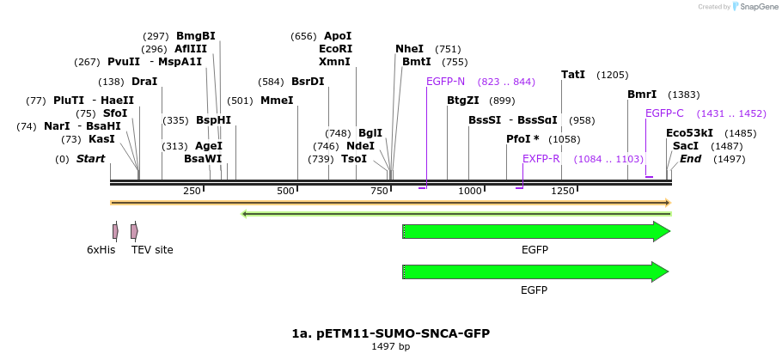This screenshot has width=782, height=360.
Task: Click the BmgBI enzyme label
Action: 195,36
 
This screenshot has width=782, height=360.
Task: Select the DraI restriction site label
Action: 144,82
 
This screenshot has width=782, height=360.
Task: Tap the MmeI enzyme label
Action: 277,101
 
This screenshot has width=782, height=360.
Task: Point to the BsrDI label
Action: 308,82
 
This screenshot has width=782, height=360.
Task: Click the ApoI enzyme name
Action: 338,36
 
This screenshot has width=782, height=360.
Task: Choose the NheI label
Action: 409,49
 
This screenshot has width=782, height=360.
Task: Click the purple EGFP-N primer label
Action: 445,82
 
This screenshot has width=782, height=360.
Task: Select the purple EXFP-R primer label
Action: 541,159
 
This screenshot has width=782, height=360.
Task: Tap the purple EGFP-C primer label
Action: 664,113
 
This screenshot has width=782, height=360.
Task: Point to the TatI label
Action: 573,75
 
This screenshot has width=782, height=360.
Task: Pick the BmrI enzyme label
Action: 642,95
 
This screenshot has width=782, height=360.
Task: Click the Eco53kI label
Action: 689,133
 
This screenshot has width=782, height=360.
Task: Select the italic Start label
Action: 90,159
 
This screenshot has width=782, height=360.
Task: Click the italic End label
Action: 691,159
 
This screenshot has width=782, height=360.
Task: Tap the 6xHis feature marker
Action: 115,231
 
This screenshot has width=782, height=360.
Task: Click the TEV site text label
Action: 152,250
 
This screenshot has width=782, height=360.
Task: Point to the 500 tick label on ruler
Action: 286,191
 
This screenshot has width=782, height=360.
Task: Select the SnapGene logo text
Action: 755,7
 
